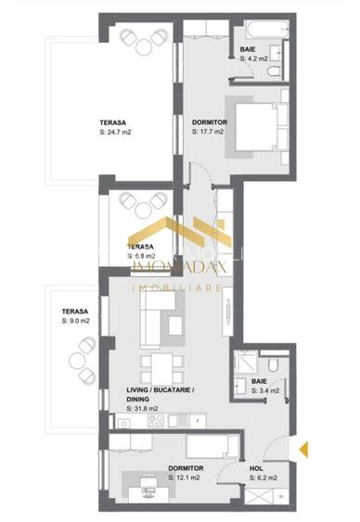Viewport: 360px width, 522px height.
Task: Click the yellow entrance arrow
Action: point(303,450)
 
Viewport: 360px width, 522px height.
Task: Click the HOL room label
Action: point(257,469)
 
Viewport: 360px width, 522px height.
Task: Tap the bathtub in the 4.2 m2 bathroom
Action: point(269,30)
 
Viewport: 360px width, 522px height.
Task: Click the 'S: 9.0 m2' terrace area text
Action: point(75,321)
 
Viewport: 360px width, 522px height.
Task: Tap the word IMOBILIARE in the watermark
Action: point(179,288)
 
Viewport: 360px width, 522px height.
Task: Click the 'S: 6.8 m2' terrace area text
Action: point(141,257)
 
